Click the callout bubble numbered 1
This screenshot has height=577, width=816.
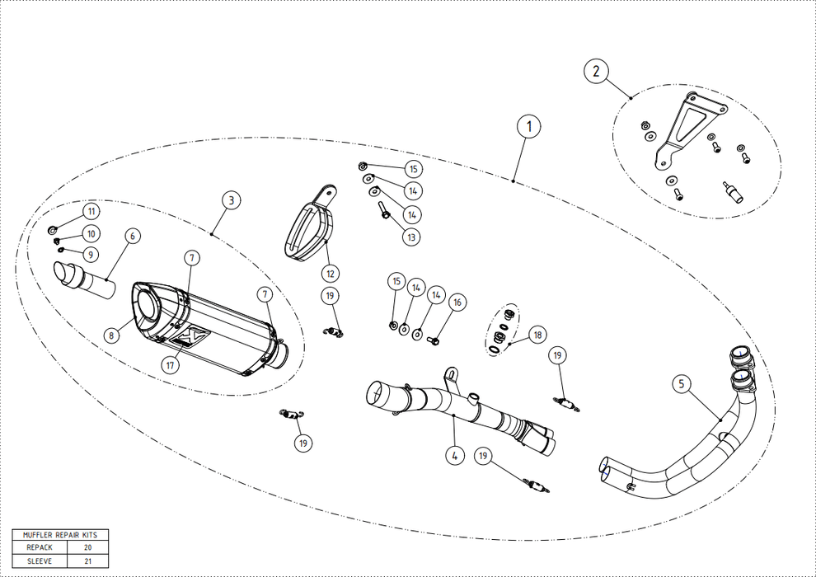(528, 127)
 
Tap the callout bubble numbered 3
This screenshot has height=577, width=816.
(231, 199)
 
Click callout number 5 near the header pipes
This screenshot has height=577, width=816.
(681, 383)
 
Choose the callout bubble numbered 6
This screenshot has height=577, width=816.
(133, 236)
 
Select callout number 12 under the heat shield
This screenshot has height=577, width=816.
(330, 273)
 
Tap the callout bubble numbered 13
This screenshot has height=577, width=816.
(410, 237)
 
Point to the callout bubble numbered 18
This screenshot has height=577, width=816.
(537, 335)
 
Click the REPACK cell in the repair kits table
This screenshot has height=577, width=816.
(40, 547)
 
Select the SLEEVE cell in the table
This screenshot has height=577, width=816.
(40, 561)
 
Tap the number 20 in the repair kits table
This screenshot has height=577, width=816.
(87, 547)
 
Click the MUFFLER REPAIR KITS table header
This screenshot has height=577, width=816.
(60, 534)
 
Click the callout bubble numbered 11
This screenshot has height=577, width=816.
(91, 213)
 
